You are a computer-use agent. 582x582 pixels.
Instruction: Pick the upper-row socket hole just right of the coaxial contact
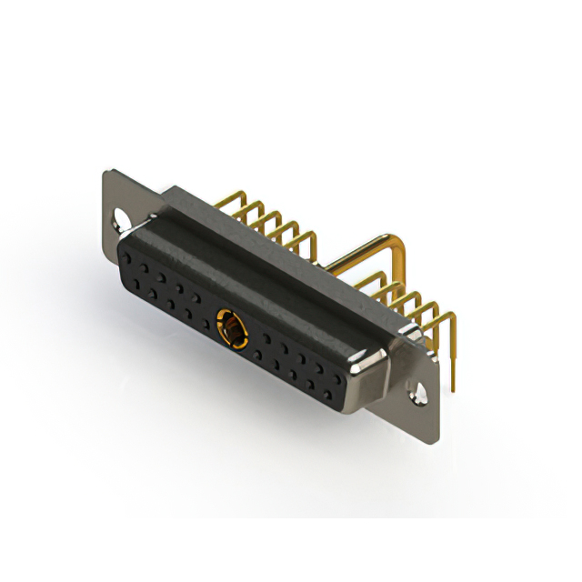coord(265,334)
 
